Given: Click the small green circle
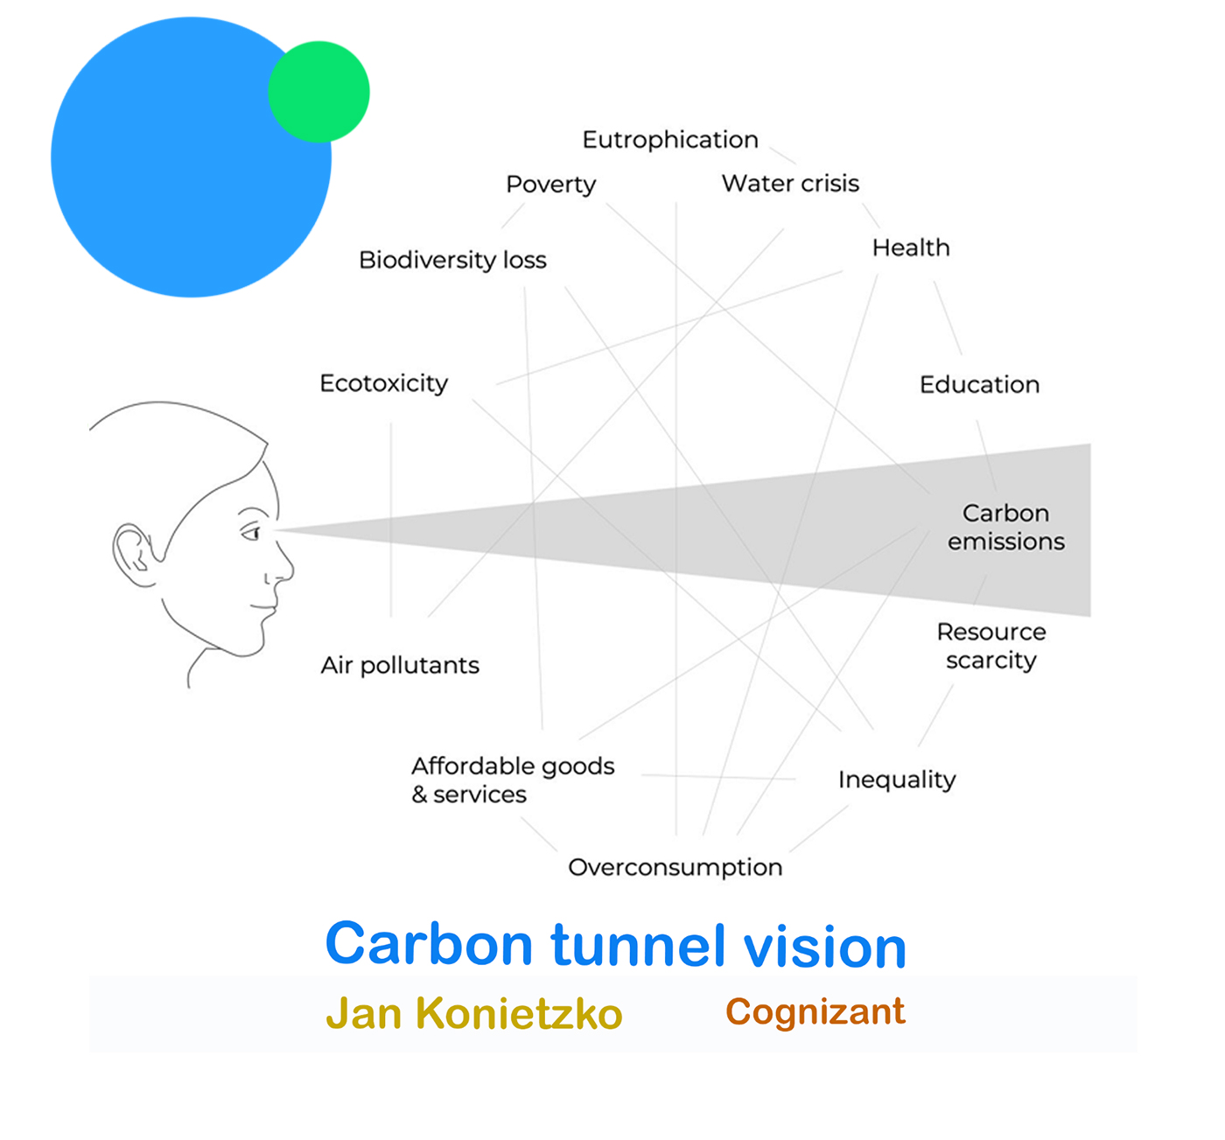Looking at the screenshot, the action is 318,92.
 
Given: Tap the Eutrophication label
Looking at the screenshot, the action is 670,140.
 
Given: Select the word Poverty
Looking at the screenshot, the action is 551,185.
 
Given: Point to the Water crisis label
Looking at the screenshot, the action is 790,183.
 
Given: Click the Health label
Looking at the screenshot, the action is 910,248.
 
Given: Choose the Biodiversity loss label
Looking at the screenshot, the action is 452,260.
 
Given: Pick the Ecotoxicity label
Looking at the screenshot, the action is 383,383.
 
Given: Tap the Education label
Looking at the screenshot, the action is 979,384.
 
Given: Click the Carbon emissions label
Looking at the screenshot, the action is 1006,527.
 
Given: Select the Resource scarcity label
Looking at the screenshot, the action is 991,646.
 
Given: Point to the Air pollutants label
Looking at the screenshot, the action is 400,665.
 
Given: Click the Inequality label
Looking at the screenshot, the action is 897,780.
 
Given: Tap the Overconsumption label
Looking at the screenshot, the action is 675,867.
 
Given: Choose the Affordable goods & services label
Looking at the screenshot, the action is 513,780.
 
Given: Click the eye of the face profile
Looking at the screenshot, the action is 252,532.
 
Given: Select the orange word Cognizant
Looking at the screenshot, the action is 815,1012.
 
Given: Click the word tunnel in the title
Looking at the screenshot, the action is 638,945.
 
